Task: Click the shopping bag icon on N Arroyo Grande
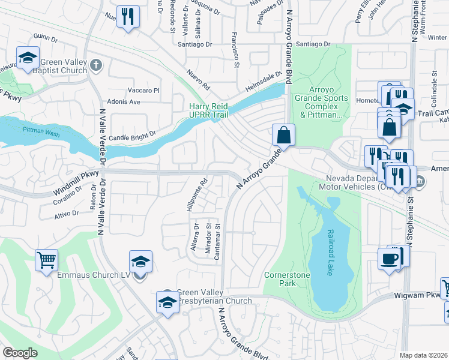(x=283, y=134)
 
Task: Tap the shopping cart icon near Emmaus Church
(x=46, y=260)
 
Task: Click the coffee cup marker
(x=389, y=259)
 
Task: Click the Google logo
(x=20, y=353)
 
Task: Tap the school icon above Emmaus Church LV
(x=140, y=261)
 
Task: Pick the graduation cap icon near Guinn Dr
(x=27, y=58)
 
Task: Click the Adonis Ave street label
(x=123, y=102)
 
